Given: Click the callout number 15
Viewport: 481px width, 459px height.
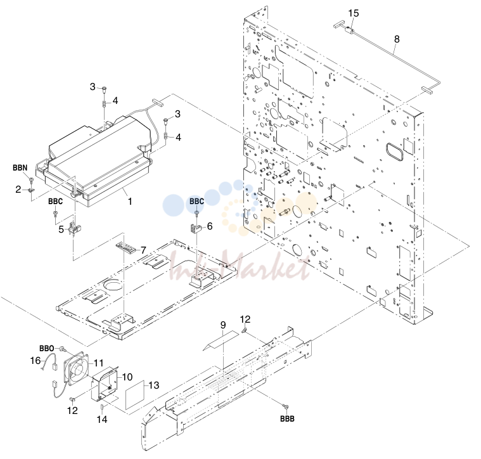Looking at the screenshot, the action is point(354,13).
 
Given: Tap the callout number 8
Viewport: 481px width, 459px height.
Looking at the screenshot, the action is point(397,39).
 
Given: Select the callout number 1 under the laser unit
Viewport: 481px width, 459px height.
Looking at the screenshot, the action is point(130,201).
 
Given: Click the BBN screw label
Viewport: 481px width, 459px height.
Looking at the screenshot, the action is point(20,168).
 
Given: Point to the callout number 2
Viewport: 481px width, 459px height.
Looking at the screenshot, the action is point(18,190).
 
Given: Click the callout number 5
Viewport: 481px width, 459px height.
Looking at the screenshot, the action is point(61,229).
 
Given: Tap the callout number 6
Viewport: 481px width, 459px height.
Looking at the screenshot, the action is point(210,226).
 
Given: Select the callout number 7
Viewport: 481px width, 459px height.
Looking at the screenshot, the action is point(144,250).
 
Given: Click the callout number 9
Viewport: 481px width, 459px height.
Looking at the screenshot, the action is point(223,325).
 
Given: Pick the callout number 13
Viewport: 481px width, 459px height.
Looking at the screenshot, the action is point(154,385).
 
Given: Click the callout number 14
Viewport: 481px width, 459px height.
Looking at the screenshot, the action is point(102,419).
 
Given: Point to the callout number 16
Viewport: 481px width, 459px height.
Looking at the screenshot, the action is point(35,360).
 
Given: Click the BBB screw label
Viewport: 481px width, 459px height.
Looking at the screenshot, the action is point(288,419).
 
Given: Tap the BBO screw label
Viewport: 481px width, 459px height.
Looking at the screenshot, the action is point(47,349).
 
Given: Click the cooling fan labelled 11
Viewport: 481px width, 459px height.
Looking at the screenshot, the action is point(76,369).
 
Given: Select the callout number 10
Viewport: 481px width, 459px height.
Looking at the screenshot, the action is point(127,377).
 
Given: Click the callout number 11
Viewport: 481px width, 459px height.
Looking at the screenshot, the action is point(98,363).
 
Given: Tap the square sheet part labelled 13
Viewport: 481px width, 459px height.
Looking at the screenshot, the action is point(135,395).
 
